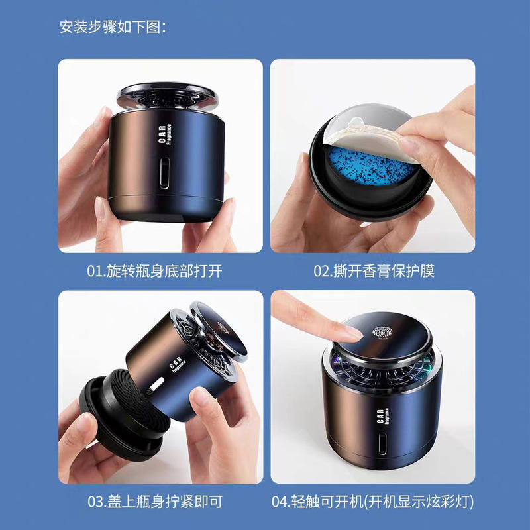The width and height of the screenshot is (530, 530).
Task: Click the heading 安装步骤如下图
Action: pyautogui.click(x=113, y=27)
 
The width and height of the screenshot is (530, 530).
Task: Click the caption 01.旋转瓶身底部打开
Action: pyautogui.click(x=154, y=271)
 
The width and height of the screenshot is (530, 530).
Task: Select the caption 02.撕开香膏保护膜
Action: pyautogui.click(x=374, y=271)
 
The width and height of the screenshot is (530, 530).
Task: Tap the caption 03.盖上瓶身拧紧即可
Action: pyautogui.click(x=155, y=502)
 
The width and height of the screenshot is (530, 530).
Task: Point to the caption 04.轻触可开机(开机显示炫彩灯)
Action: pyautogui.click(x=372, y=502)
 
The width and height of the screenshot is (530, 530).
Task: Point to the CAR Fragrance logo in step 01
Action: pyautogui.click(x=165, y=134)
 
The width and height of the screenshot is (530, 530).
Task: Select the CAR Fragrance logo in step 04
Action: pyautogui.click(x=383, y=416)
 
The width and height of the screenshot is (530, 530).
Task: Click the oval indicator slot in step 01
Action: pyautogui.click(x=164, y=173)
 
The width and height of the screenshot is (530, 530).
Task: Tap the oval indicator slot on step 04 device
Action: pyautogui.click(x=382, y=443)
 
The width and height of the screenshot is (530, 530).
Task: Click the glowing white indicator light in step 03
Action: pyautogui.click(x=156, y=385)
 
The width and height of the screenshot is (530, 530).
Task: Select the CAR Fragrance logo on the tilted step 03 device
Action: pyautogui.click(x=177, y=365)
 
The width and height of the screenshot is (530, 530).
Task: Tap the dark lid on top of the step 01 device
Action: pyautogui.click(x=168, y=95)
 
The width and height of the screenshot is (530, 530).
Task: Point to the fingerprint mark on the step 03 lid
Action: pyautogui.click(x=223, y=327)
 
